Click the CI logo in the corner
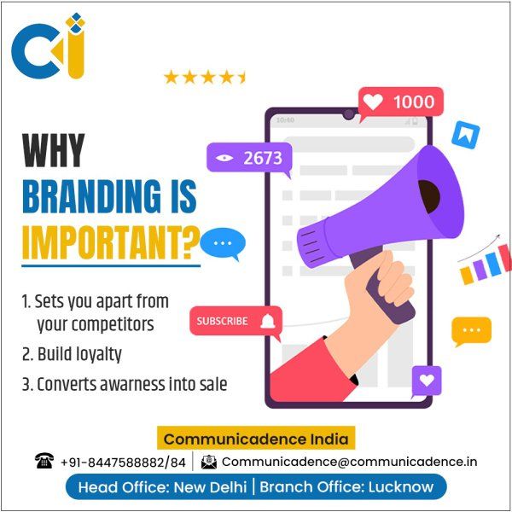point(49,46)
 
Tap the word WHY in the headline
point(54,150)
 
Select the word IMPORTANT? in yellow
point(111,242)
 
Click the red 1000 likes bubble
point(401,102)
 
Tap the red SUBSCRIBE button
point(236,321)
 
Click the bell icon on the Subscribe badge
point(268,322)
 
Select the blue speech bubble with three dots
point(223,243)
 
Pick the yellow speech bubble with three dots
point(471,330)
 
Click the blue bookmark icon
point(466,135)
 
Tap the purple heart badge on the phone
point(427,381)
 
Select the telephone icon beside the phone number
point(44,461)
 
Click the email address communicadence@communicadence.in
point(349,462)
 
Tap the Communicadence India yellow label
point(256,439)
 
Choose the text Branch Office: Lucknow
point(346,487)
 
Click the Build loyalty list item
point(73,355)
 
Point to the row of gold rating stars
point(205,78)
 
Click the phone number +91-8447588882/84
point(124,463)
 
